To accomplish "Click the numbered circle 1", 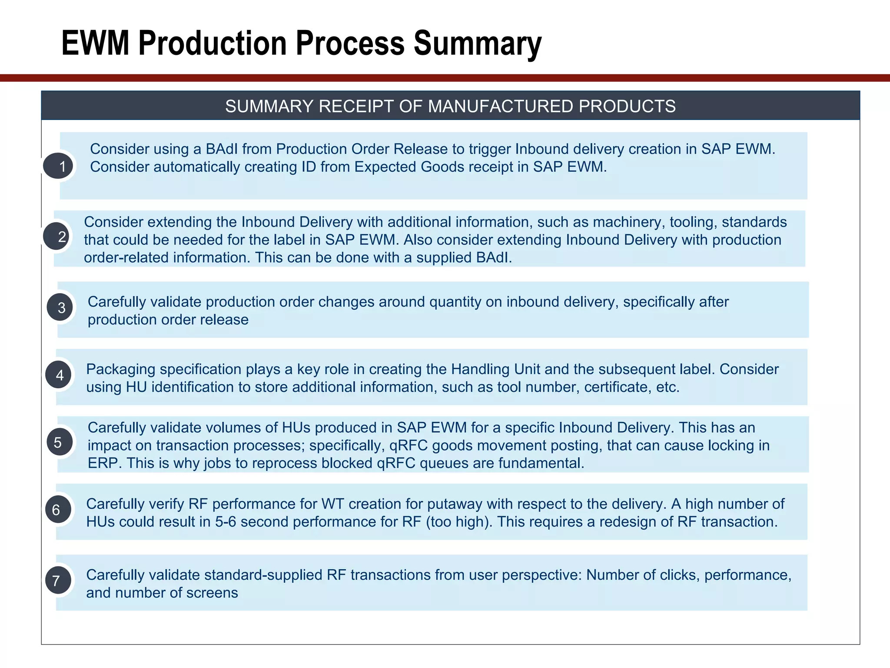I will tap(59, 166).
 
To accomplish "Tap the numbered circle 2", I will tap(57, 236).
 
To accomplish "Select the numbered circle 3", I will tap(60, 307).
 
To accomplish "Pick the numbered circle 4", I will tap(59, 375).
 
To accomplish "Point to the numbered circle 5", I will tap(60, 442).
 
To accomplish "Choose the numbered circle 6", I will tap(58, 510).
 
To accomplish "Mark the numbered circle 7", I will tap(58, 581).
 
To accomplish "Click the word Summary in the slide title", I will tap(477, 43).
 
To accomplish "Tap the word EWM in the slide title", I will tap(95, 43).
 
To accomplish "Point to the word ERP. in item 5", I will tap(105, 463).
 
